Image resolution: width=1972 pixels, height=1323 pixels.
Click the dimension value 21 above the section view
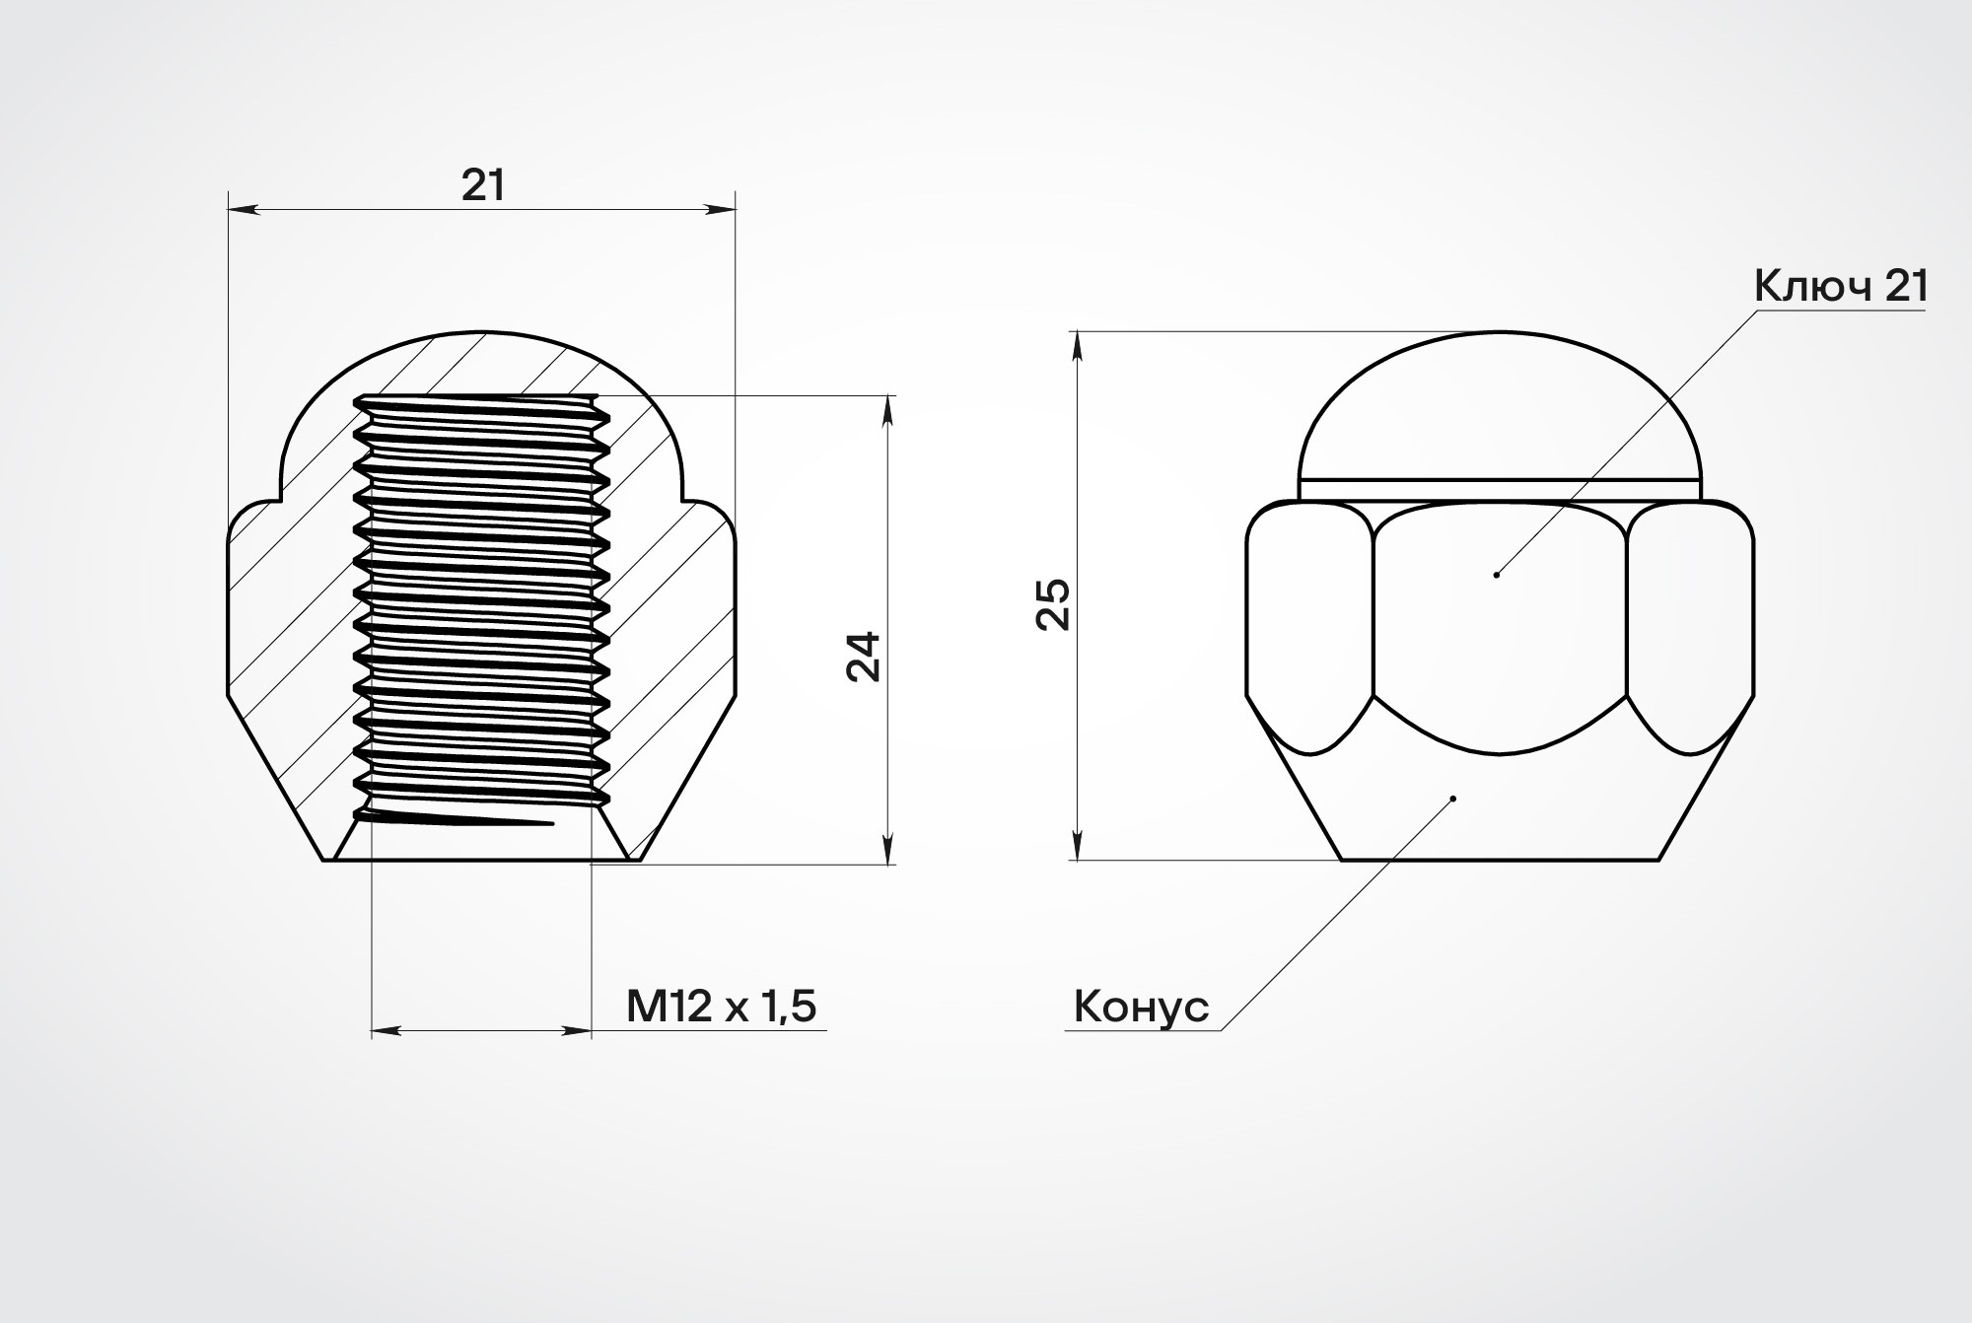click(x=483, y=184)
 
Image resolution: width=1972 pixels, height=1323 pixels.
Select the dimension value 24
click(x=864, y=656)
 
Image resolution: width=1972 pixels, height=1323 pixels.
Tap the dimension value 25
click(x=1053, y=603)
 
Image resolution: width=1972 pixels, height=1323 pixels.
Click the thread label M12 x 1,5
click(x=722, y=1007)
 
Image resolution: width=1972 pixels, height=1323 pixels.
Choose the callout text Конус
click(x=1141, y=1008)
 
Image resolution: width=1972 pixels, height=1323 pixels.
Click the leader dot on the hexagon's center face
click(x=1497, y=575)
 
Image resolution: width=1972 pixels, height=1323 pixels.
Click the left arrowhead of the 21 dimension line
click(x=243, y=209)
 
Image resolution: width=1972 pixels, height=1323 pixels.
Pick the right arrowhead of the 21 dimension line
click(x=721, y=209)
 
